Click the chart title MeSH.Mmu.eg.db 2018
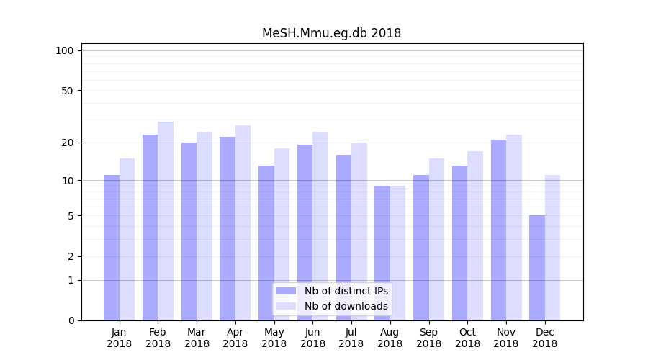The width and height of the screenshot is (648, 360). click(x=331, y=33)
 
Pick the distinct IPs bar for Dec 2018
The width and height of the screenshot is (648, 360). click(x=537, y=267)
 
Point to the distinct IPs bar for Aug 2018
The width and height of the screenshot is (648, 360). click(x=382, y=253)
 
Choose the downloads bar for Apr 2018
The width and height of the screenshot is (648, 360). click(x=243, y=222)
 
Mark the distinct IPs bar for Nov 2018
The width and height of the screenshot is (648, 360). click(x=499, y=230)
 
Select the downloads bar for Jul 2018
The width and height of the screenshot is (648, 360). click(x=359, y=231)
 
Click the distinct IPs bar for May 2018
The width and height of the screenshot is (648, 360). click(x=266, y=243)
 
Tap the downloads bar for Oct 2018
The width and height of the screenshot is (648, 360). click(x=475, y=235)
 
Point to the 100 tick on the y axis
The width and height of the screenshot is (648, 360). click(x=65, y=50)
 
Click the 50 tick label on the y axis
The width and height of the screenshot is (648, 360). click(x=67, y=91)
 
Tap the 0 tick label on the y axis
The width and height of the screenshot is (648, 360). click(x=71, y=320)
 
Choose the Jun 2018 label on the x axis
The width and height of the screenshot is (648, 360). click(x=312, y=338)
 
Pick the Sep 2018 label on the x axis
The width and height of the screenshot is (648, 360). click(x=428, y=338)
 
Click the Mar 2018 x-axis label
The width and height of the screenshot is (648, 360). click(x=197, y=338)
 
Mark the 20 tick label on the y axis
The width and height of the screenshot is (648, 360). click(x=67, y=143)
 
